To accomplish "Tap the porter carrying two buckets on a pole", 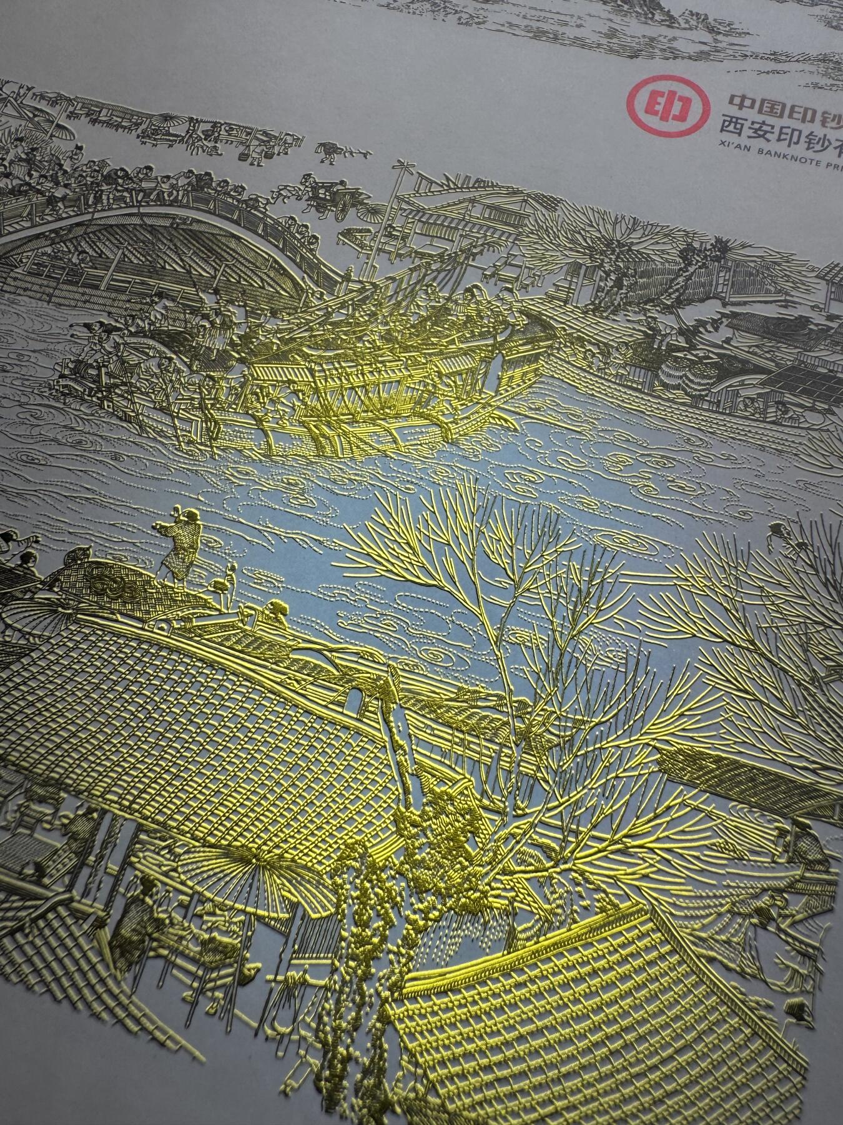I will pos(327,151).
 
